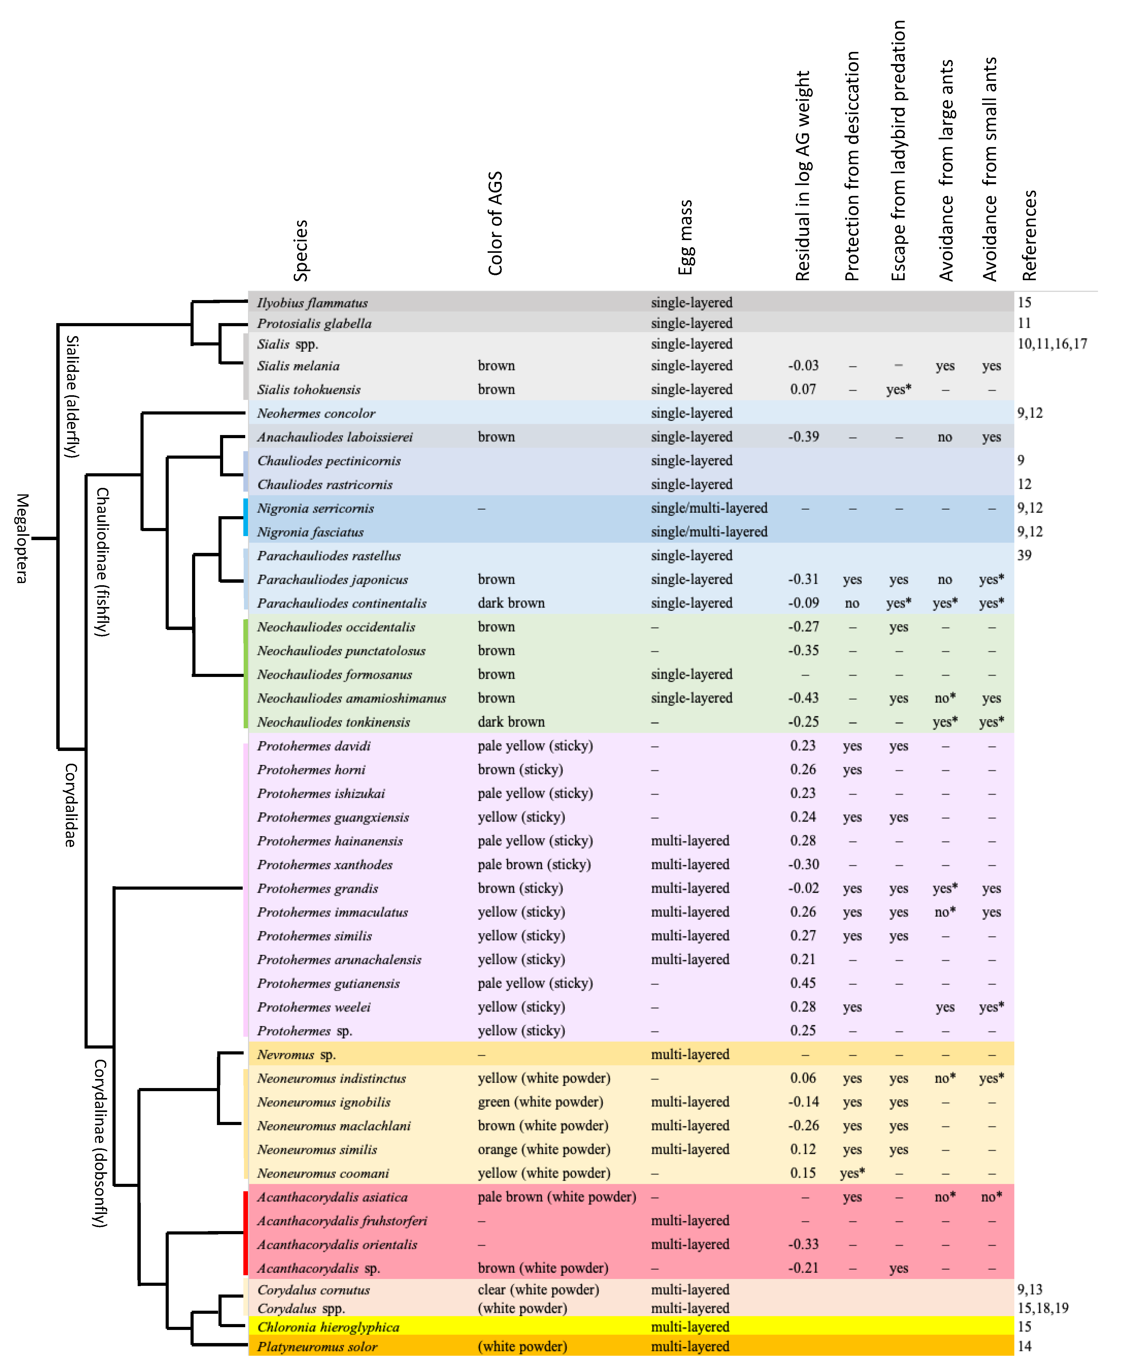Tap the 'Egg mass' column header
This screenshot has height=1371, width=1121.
coord(686,237)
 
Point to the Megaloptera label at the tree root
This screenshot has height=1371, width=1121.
coord(22,538)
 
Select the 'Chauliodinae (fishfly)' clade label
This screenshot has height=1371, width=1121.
coord(102,562)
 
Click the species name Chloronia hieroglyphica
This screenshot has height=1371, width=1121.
coord(328,1327)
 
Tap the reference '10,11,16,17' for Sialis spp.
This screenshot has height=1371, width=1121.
coord(1052,344)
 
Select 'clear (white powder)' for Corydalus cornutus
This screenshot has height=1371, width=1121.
coord(538,1290)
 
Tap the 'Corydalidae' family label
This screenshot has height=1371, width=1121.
coord(70,805)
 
